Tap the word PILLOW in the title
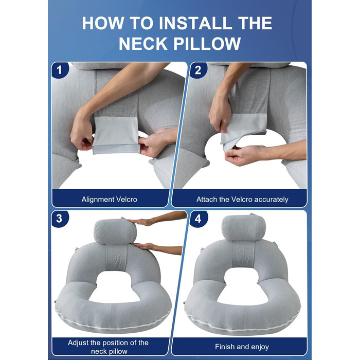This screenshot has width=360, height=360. [x=207, y=44]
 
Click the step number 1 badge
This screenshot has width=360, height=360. [x=59, y=70]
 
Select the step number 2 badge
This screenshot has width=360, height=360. [x=198, y=70]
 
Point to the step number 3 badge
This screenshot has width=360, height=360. [x=59, y=219]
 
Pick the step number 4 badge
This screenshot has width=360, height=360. [x=198, y=219]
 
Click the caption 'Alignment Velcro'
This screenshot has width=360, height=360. [x=109, y=200]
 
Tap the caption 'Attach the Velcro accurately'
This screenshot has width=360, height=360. [x=242, y=200]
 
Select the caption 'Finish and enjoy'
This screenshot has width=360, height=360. [x=242, y=347]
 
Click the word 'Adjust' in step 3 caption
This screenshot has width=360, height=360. [x=78, y=343]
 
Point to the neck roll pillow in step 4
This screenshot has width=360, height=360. [x=244, y=227]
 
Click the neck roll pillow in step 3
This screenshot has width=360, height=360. [x=115, y=231]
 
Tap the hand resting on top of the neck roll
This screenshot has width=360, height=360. [x=140, y=222]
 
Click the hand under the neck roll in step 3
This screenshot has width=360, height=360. [x=143, y=246]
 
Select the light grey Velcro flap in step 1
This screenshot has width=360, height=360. [x=116, y=135]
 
